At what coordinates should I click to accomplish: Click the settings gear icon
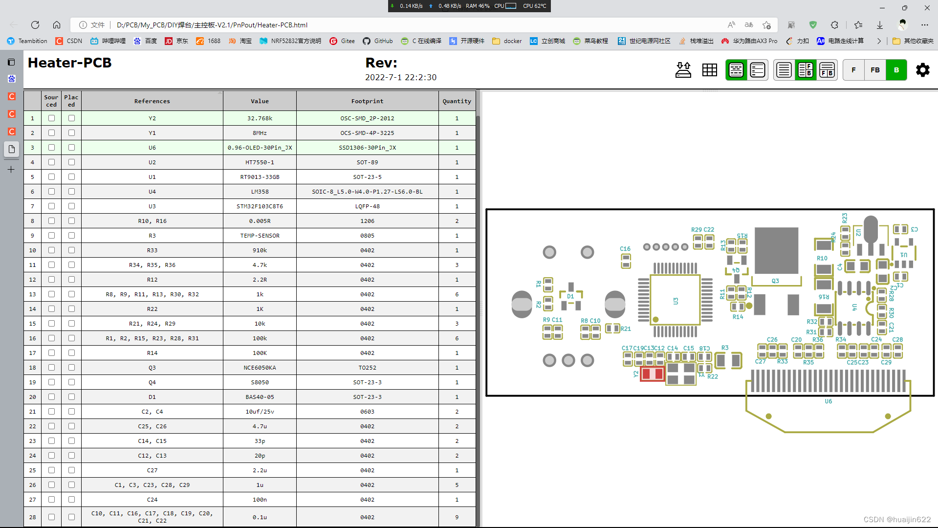click(x=922, y=70)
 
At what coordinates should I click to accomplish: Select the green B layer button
click(x=896, y=70)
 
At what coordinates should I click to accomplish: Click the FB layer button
click(x=875, y=70)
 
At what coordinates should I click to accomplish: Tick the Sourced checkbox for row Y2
click(x=51, y=118)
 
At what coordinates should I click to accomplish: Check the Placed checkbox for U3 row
click(x=71, y=206)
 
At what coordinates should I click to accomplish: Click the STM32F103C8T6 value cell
click(x=260, y=206)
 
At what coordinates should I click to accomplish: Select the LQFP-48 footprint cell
click(x=367, y=206)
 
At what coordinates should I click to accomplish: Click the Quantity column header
click(x=457, y=101)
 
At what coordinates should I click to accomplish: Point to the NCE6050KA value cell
click(x=260, y=368)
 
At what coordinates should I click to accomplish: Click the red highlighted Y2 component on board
click(x=652, y=374)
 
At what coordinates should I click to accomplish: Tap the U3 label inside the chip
click(x=676, y=301)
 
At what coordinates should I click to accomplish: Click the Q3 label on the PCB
click(x=775, y=281)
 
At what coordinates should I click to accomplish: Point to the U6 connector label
click(x=828, y=401)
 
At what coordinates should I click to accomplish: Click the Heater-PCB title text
click(x=70, y=63)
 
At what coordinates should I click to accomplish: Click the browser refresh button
click(x=35, y=25)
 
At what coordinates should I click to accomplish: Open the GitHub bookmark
click(x=378, y=41)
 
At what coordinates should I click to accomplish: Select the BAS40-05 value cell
click(x=260, y=397)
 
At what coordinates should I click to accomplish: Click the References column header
click(x=152, y=101)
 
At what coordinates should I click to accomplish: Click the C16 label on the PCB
click(x=625, y=249)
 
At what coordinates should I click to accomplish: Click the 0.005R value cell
click(x=260, y=221)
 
